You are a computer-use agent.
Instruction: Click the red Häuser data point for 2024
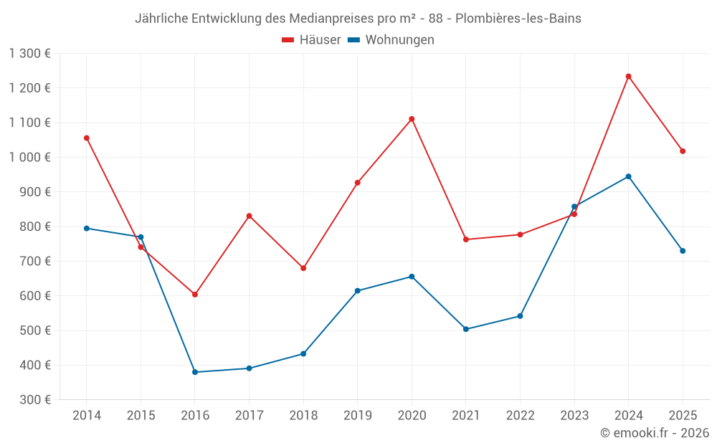[x=628, y=76]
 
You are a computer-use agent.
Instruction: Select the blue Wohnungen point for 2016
[x=195, y=372]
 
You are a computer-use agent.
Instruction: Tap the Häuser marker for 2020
[x=412, y=119]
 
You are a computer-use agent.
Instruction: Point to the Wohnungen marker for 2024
[x=628, y=176]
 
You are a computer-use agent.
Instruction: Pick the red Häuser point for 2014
[x=87, y=138]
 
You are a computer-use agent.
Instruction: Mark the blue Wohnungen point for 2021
[x=466, y=329]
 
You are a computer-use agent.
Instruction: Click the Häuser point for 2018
[x=303, y=268]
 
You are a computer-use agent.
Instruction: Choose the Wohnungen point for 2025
[x=683, y=251]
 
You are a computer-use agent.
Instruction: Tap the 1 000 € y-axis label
[x=30, y=157]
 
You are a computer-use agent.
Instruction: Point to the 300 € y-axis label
[x=34, y=400]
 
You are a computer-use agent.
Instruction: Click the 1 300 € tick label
[x=30, y=53]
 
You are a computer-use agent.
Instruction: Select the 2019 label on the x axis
[x=357, y=416]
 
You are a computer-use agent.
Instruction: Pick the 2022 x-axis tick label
[x=520, y=416]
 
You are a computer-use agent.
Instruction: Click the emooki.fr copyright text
[x=654, y=433]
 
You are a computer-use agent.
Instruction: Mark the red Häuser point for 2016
[x=195, y=295]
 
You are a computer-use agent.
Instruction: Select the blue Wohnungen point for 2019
[x=357, y=290]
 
